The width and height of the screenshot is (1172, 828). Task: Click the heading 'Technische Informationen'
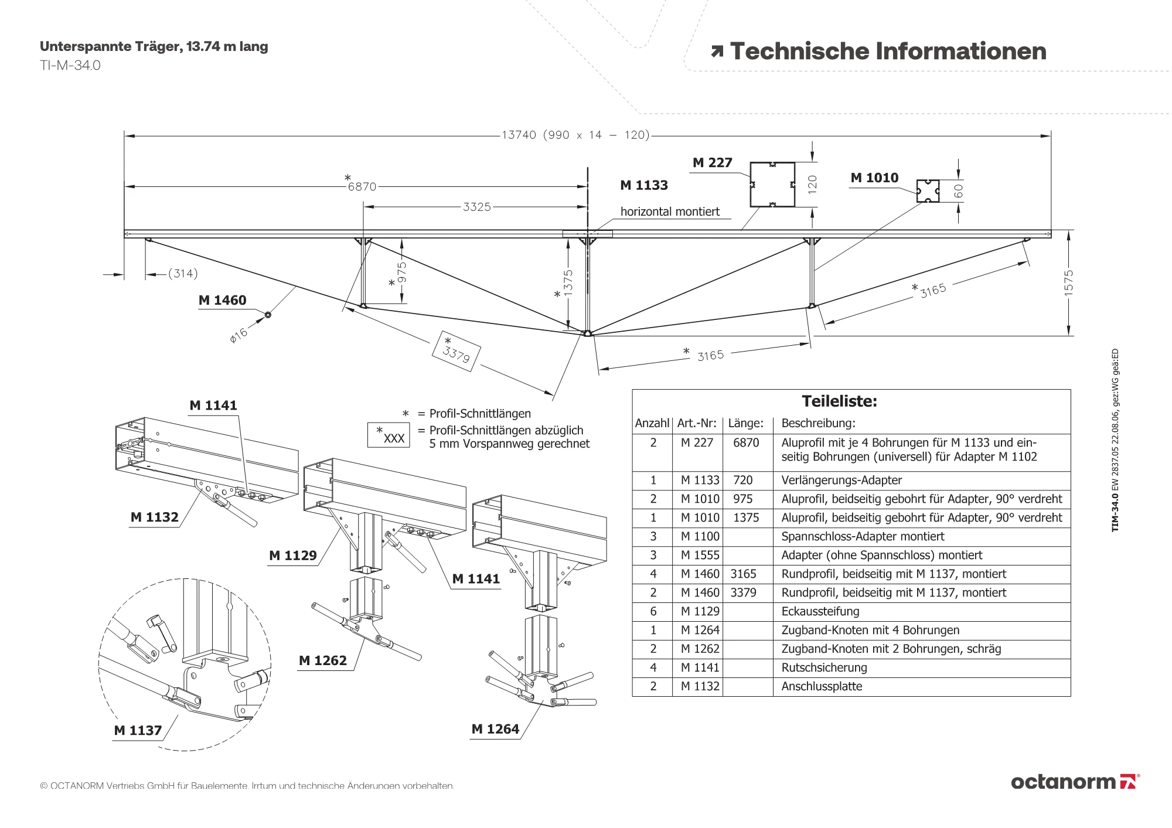(x=887, y=52)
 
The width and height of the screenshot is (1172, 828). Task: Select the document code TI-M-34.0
(x=70, y=66)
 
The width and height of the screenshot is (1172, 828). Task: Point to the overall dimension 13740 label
(x=519, y=135)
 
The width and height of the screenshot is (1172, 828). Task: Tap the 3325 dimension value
(x=476, y=207)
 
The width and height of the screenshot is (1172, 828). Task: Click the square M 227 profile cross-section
(x=772, y=185)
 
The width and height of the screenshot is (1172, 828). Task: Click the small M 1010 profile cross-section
(x=928, y=191)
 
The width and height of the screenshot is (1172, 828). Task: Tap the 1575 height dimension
(x=1069, y=282)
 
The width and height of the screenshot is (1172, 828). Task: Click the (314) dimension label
(x=183, y=274)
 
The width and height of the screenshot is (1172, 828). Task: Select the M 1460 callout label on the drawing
(x=222, y=301)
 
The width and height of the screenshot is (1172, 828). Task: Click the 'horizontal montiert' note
(x=670, y=212)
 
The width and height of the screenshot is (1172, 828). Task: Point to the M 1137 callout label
(x=138, y=731)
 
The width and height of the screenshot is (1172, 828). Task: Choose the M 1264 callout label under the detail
(x=495, y=730)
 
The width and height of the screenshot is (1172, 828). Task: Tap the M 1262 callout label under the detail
(x=322, y=661)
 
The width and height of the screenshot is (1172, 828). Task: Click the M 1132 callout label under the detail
(x=154, y=517)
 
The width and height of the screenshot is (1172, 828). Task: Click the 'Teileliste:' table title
(x=839, y=401)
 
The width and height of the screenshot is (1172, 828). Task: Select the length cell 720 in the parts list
(x=742, y=481)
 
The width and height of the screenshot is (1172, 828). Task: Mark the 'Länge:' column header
(x=745, y=423)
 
